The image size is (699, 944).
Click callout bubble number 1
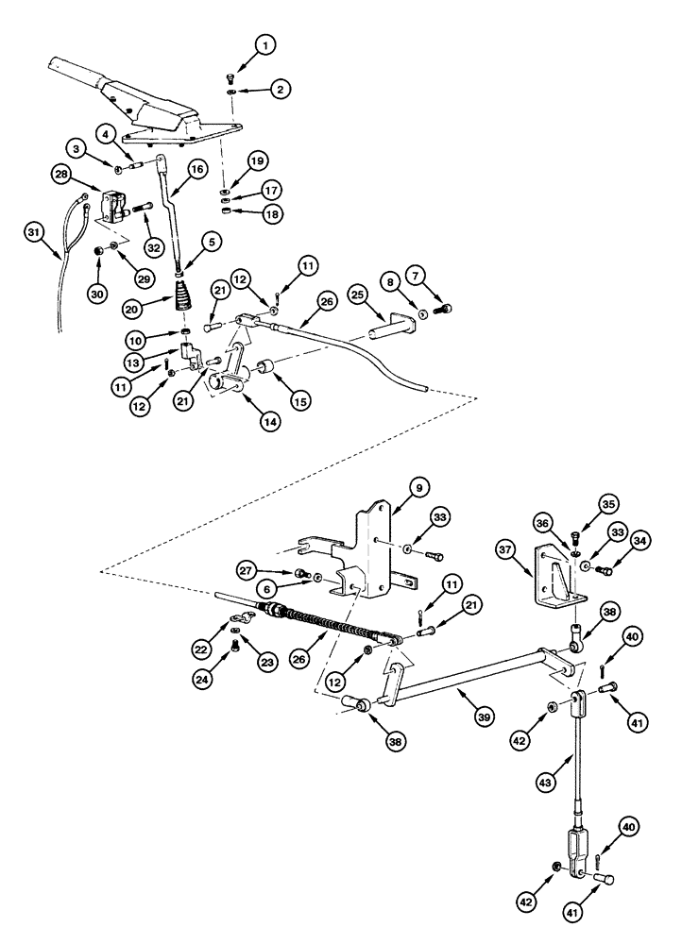point(265,44)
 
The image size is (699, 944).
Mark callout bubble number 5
point(212,242)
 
